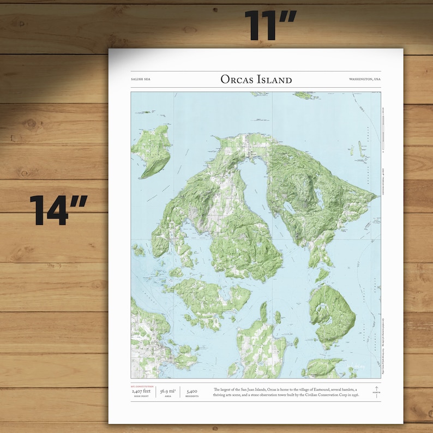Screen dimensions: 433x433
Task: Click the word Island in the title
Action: (x=274, y=80)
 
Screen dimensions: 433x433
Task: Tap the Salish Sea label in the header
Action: (x=140, y=80)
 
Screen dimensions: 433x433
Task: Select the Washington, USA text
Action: (x=365, y=80)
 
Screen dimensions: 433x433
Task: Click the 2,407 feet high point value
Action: (x=141, y=391)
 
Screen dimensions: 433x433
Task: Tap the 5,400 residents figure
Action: (x=192, y=391)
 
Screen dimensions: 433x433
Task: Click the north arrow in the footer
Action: (x=376, y=390)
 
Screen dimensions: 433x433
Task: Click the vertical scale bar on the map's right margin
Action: (x=383, y=131)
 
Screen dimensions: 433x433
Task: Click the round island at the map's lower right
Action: (x=332, y=314)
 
